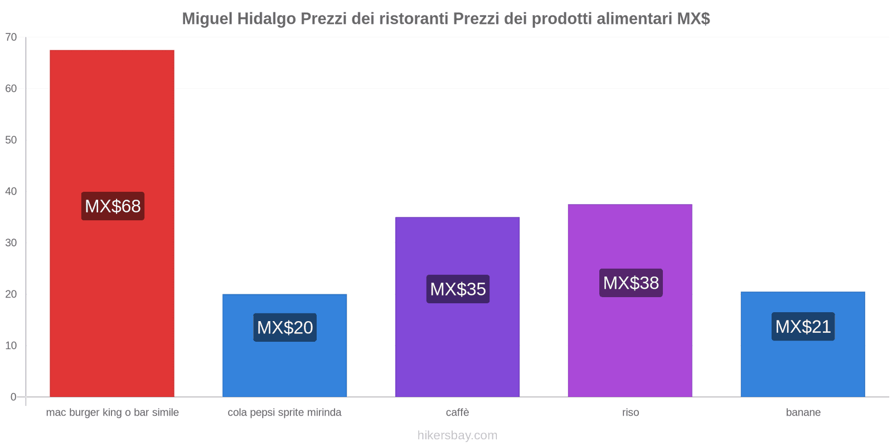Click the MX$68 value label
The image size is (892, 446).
pos(113,206)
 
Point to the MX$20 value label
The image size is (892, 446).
pos(285,327)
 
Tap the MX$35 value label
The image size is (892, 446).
pos(458,289)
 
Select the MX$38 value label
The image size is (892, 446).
pos(631,283)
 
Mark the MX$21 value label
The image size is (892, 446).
pos(803,326)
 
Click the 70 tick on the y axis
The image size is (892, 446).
pos(11,37)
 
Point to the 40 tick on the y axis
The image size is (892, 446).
pos(11,191)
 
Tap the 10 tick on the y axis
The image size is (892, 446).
pos(11,346)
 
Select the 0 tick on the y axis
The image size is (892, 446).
pos(13,397)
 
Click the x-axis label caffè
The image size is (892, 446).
pos(457,413)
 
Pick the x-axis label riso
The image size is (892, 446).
pos(631,413)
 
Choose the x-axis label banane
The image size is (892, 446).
pos(803,413)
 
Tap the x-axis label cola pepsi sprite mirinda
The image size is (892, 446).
pos(284,413)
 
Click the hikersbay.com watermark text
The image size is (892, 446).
pos(457,435)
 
